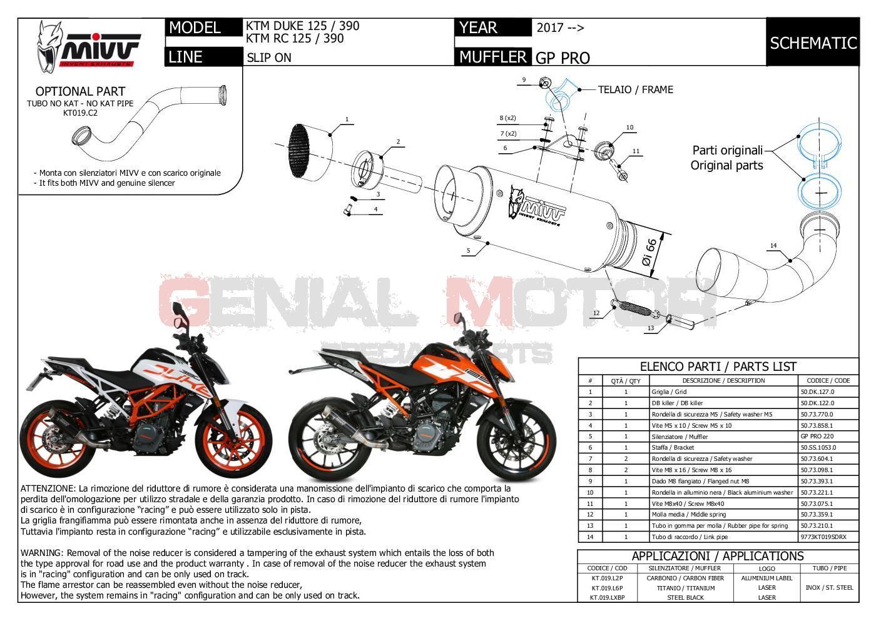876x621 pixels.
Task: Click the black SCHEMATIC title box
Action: (x=813, y=43)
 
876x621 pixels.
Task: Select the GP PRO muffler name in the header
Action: (x=563, y=58)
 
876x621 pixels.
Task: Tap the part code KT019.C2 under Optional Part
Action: (x=80, y=113)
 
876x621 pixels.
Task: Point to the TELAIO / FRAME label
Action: (x=635, y=89)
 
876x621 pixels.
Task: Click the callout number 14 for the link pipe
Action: (x=773, y=246)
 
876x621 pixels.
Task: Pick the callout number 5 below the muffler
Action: (x=467, y=251)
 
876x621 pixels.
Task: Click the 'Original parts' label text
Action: (x=726, y=165)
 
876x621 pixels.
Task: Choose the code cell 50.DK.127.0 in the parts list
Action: (x=817, y=392)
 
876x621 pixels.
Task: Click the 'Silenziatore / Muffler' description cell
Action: (x=680, y=437)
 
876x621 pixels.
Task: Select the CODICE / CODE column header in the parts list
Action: (x=828, y=380)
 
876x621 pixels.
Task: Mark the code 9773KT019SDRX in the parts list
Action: (x=823, y=537)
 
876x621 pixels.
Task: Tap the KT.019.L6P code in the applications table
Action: (x=607, y=588)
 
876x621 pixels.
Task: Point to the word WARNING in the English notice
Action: (x=42, y=553)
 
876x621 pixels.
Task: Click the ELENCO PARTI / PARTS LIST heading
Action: (x=718, y=366)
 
